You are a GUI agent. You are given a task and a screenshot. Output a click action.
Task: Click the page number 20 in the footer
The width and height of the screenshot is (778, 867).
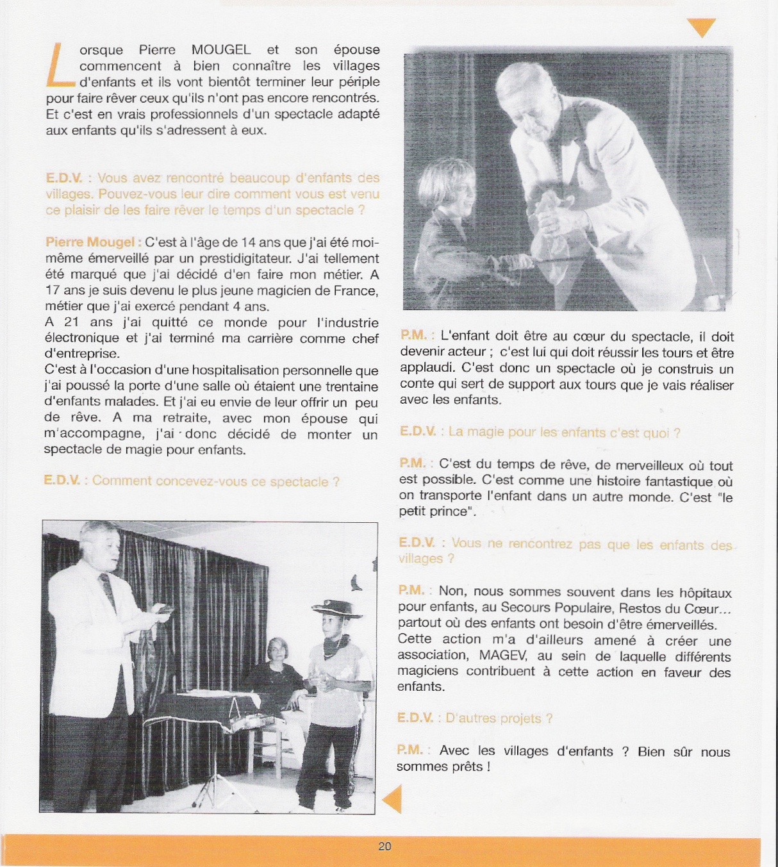(x=385, y=846)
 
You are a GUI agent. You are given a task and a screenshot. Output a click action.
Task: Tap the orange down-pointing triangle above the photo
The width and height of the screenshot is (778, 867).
(x=701, y=28)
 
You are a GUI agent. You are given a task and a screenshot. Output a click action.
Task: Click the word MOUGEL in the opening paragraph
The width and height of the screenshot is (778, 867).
(x=221, y=50)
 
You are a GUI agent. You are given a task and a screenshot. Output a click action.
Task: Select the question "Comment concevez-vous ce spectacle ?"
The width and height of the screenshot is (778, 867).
(x=215, y=481)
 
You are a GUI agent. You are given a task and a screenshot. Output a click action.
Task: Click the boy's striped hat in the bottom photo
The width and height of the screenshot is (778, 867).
(x=336, y=608)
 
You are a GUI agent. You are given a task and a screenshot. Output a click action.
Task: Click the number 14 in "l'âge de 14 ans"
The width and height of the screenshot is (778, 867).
(x=248, y=243)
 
